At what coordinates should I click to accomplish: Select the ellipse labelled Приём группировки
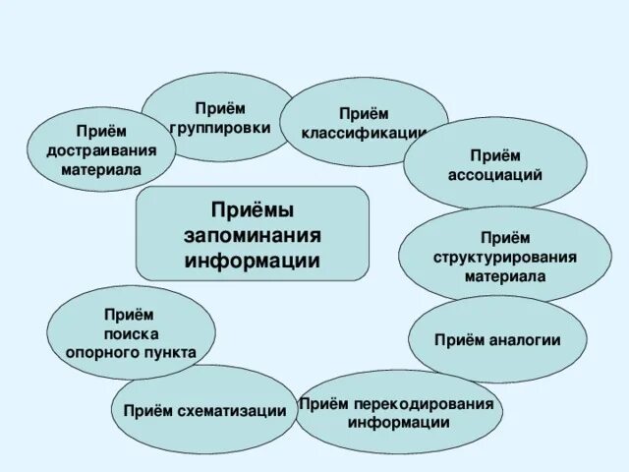click(x=220, y=117)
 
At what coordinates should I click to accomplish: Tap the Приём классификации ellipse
click(x=365, y=122)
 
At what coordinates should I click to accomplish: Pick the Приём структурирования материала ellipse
click(x=505, y=256)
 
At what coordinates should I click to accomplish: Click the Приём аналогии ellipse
click(x=497, y=340)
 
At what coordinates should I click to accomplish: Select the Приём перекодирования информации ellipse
click(x=399, y=412)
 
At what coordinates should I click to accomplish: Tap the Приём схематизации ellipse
click(x=204, y=410)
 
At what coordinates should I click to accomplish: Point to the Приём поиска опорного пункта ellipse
click(x=131, y=333)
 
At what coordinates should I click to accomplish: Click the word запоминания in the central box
click(x=253, y=237)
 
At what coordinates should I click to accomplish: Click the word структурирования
click(x=505, y=257)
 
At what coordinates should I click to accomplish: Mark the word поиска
click(x=131, y=333)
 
